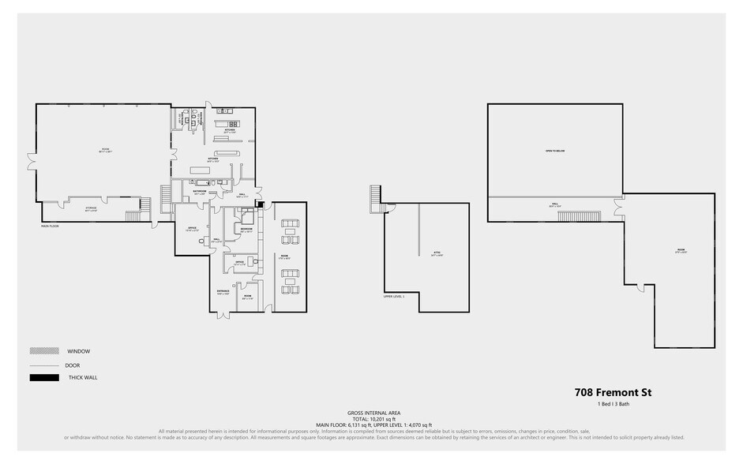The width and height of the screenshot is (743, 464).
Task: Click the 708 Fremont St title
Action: tap(613, 392)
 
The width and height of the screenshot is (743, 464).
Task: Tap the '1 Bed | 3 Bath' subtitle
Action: tap(613, 405)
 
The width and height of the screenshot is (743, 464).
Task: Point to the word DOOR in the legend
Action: tap(73, 365)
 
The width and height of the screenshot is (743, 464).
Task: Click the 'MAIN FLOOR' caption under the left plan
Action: tap(50, 226)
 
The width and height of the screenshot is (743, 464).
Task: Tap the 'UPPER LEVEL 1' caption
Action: tap(393, 297)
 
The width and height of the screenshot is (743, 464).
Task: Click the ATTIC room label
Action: tap(437, 253)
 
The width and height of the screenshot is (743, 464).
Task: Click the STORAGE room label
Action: tap(92, 209)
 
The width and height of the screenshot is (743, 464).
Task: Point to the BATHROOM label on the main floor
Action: tap(199, 191)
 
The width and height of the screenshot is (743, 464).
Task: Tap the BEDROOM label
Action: tap(246, 229)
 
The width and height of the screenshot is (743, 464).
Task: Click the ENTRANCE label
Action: tap(223, 291)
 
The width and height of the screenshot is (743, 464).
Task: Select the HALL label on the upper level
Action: tap(554, 204)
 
